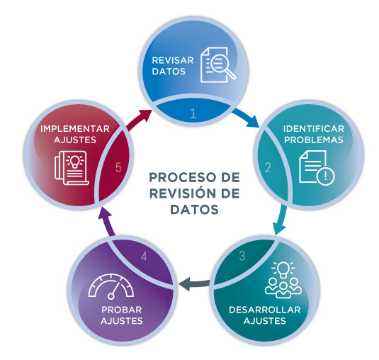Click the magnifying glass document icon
(218, 64)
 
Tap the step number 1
(193, 113)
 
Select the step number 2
(268, 167)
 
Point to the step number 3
(242, 256)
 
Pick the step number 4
(144, 256)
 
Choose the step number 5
(118, 167)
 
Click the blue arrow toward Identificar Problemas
(246, 117)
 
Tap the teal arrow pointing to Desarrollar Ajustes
(281, 219)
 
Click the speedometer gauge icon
(111, 287)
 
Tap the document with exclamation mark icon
(317, 168)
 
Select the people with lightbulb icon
(283, 280)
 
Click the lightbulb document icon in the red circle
(72, 168)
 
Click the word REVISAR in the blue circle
(173, 60)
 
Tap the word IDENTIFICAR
(314, 129)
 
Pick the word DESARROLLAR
(265, 310)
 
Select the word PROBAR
(122, 310)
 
